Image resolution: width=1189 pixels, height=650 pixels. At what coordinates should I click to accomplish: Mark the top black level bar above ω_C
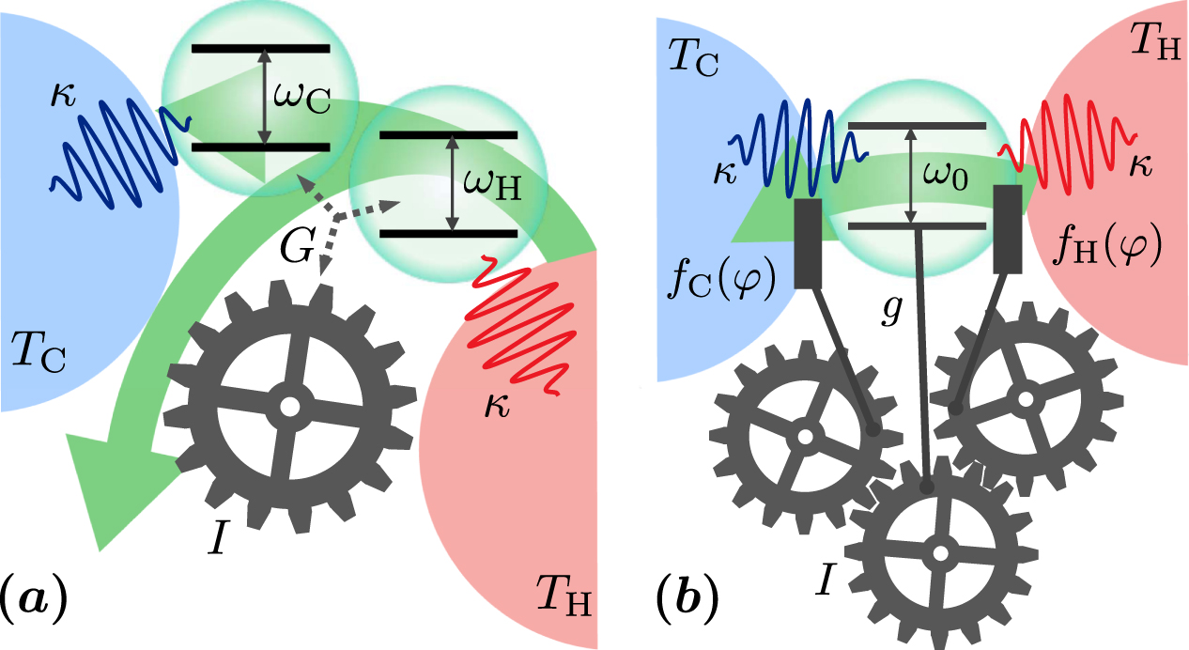[x=260, y=48]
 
